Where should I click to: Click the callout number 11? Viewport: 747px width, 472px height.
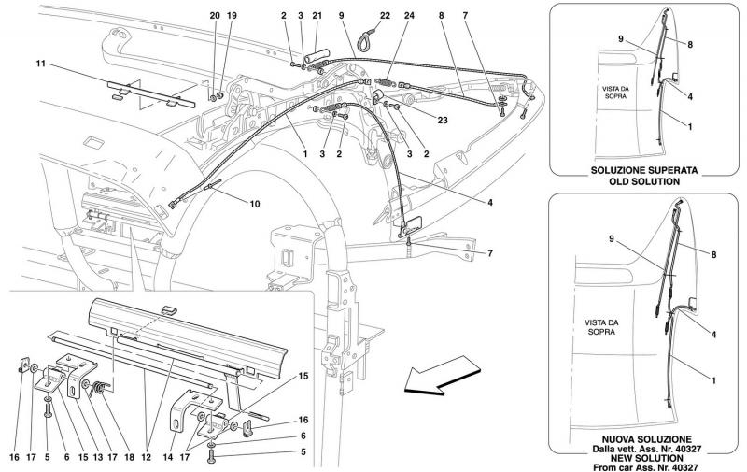[40, 63]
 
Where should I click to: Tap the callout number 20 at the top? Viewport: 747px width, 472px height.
[215, 16]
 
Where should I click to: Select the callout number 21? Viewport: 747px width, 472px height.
[317, 16]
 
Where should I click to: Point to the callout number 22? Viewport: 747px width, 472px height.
[385, 16]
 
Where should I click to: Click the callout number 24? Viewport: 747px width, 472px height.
[409, 16]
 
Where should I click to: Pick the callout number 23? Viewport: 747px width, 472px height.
[443, 121]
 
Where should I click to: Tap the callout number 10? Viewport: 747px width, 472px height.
[255, 204]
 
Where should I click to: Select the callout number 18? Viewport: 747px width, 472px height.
[129, 457]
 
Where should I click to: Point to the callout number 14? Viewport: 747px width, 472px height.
[167, 457]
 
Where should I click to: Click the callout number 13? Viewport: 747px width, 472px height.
[98, 457]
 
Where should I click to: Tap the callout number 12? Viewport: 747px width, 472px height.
[146, 457]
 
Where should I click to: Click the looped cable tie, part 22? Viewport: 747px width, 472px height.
[368, 35]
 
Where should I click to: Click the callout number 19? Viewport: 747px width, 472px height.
[232, 16]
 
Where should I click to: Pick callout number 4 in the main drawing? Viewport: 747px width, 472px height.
[489, 203]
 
